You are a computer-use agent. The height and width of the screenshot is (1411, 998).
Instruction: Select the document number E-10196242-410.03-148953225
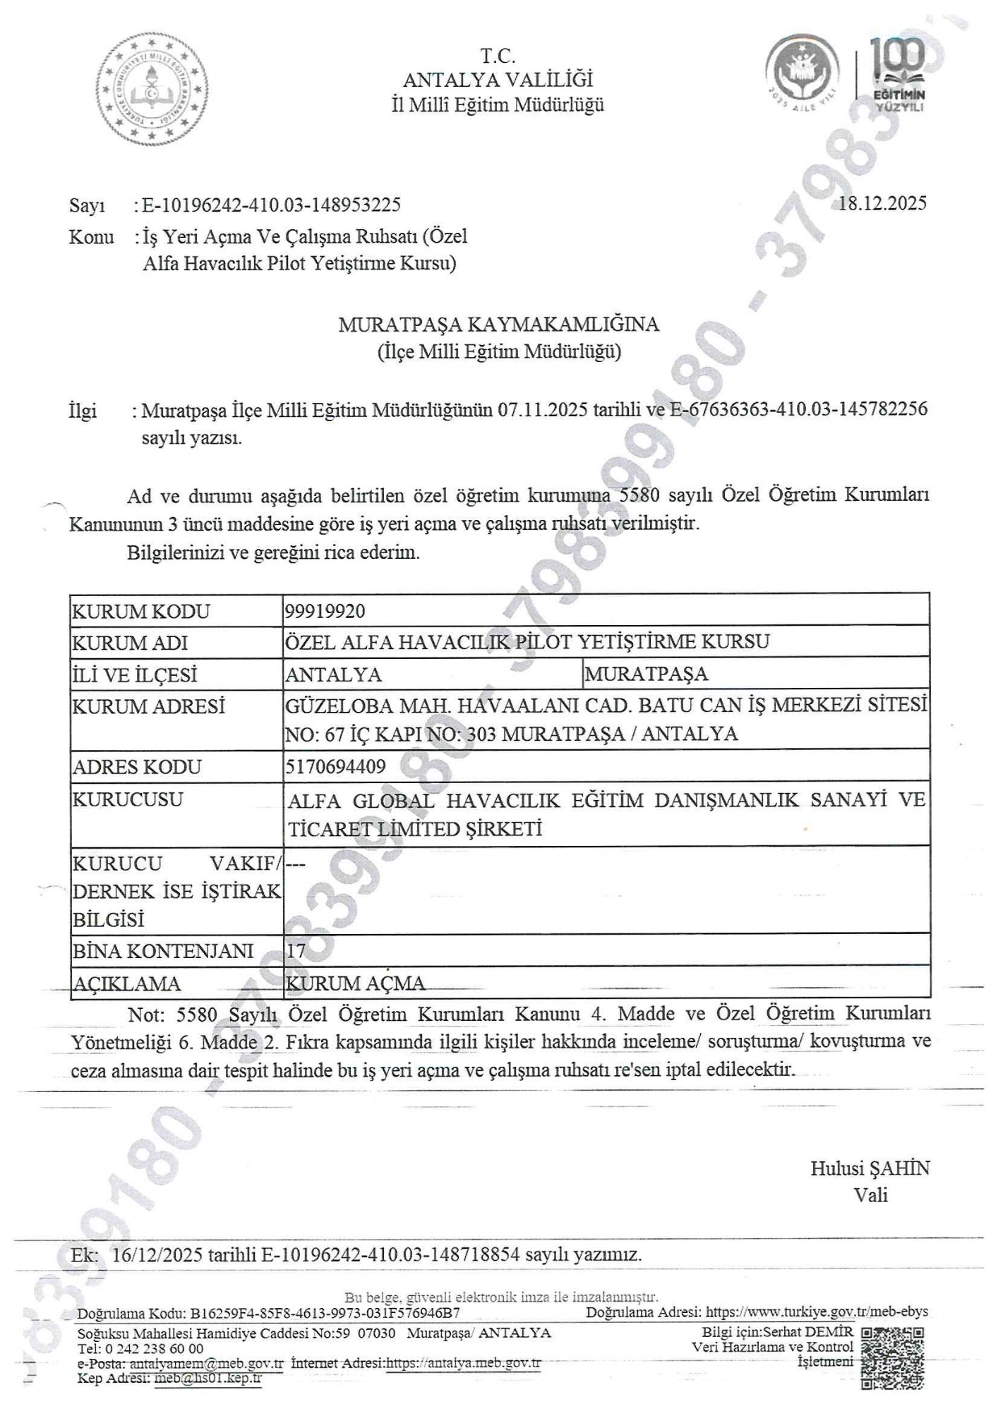pyautogui.click(x=272, y=205)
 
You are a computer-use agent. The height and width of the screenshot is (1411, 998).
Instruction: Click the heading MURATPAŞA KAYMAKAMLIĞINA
pyautogui.click(x=498, y=325)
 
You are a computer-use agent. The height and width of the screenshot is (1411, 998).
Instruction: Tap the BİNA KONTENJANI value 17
pyautogui.click(x=296, y=951)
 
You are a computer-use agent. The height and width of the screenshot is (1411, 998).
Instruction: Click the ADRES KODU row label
pyautogui.click(x=137, y=767)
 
